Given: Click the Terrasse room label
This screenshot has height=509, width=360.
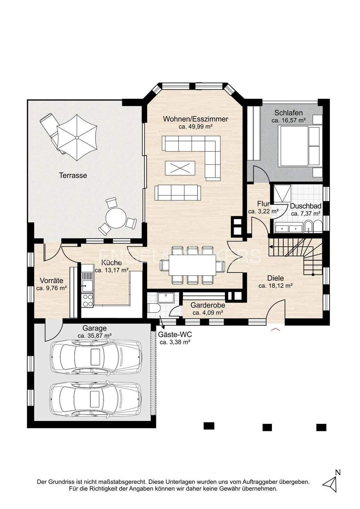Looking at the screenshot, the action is (x=73, y=175).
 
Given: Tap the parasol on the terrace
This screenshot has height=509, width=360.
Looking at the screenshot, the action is (x=77, y=138).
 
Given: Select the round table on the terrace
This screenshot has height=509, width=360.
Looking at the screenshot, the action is (x=116, y=218).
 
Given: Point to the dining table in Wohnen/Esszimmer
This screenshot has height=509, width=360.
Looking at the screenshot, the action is (x=192, y=265).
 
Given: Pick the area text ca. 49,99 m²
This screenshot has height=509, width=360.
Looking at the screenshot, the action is (x=196, y=127).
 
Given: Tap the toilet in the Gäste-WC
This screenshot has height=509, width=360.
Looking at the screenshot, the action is (x=154, y=308).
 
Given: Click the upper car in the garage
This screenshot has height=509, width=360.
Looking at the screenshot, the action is (x=96, y=359).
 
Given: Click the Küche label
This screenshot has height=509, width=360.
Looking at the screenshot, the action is (x=111, y=263).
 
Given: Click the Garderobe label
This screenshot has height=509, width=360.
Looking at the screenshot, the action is (x=208, y=305).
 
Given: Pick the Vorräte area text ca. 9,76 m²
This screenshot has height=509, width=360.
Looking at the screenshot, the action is (x=52, y=288).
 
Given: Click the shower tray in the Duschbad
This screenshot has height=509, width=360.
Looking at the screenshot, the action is (x=282, y=193).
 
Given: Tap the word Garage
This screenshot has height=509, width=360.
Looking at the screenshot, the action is (x=94, y=328).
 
